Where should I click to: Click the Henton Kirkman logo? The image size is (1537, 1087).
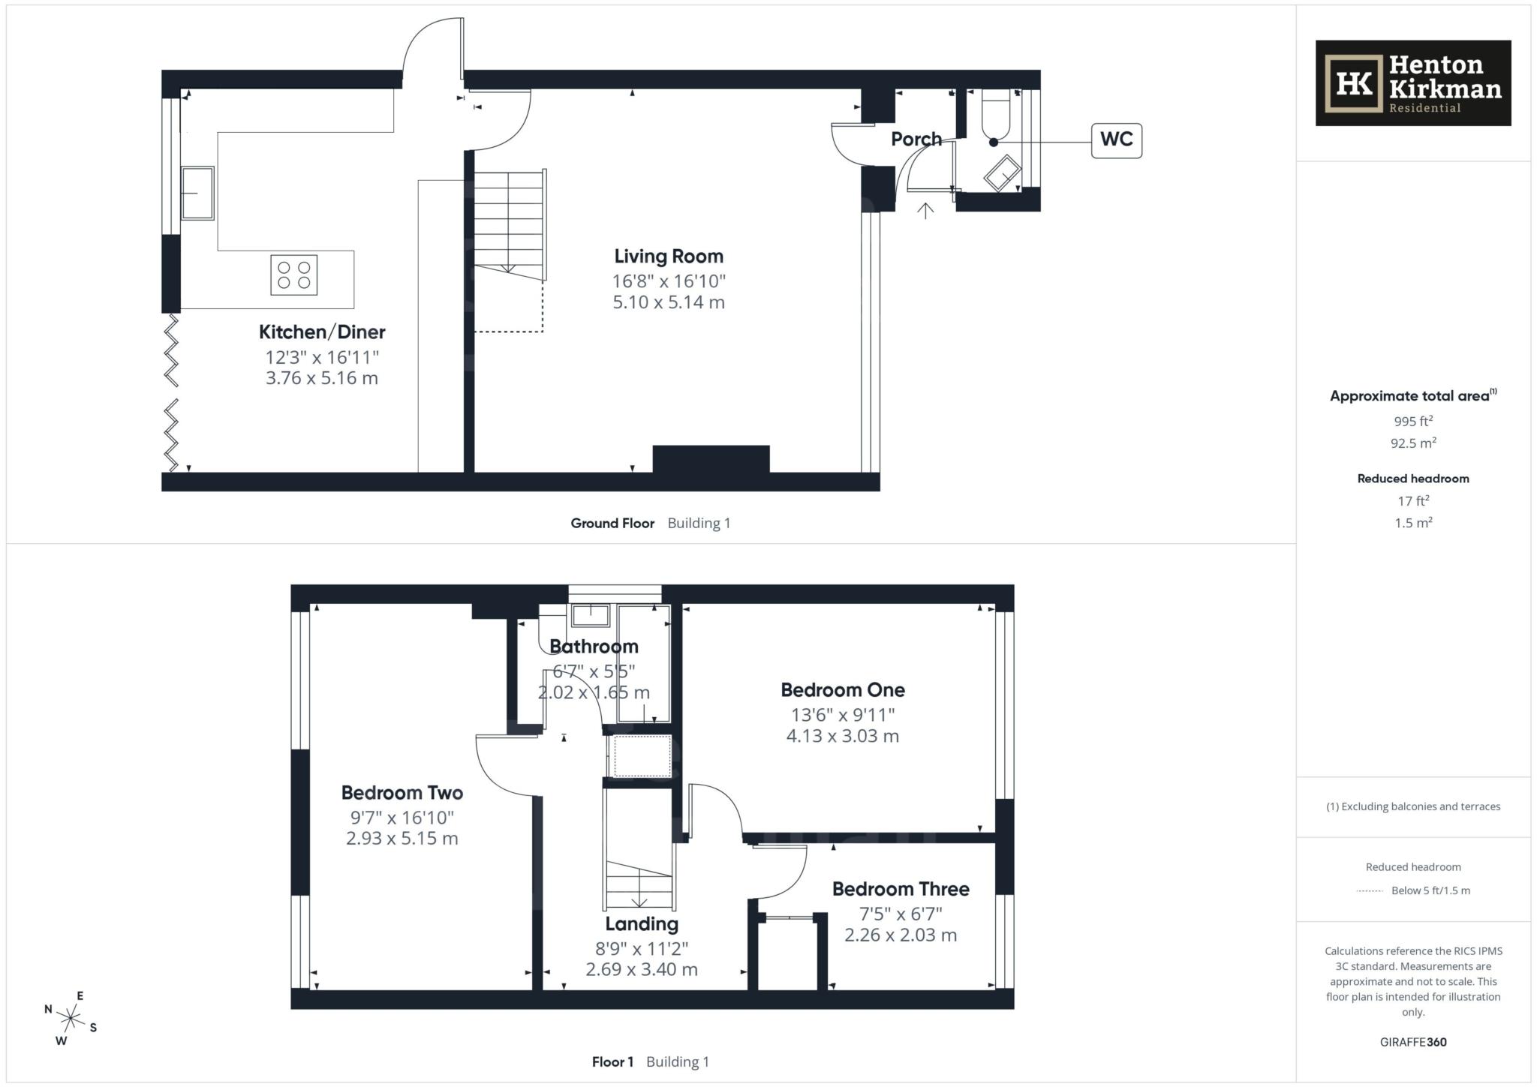click(x=1412, y=83)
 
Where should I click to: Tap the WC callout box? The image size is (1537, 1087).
click(x=1116, y=140)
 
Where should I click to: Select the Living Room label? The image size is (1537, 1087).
click(x=668, y=257)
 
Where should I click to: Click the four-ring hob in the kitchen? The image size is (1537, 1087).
click(x=293, y=275)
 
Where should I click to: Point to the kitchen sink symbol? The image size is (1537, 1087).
click(x=197, y=193)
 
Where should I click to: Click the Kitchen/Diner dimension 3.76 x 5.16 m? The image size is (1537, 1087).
click(x=321, y=378)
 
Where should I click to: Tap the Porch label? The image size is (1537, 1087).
click(x=916, y=140)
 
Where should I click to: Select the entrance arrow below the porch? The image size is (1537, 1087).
click(x=925, y=211)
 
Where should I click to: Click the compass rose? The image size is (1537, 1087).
click(x=71, y=1019)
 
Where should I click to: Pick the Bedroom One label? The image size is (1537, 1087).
click(x=842, y=690)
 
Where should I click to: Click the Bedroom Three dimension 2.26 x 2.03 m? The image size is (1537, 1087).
click(x=900, y=935)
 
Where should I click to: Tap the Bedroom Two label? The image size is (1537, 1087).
click(x=402, y=793)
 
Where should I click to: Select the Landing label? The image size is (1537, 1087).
click(x=641, y=924)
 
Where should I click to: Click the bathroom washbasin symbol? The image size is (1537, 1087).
click(x=591, y=616)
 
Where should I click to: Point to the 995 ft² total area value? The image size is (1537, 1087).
click(x=1412, y=421)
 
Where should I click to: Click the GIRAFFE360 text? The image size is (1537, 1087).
click(x=1412, y=1042)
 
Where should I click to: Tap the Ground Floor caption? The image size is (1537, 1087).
click(x=612, y=524)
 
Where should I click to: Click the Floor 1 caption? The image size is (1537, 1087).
click(x=612, y=1062)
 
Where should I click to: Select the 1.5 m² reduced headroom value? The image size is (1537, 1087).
click(x=1412, y=523)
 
